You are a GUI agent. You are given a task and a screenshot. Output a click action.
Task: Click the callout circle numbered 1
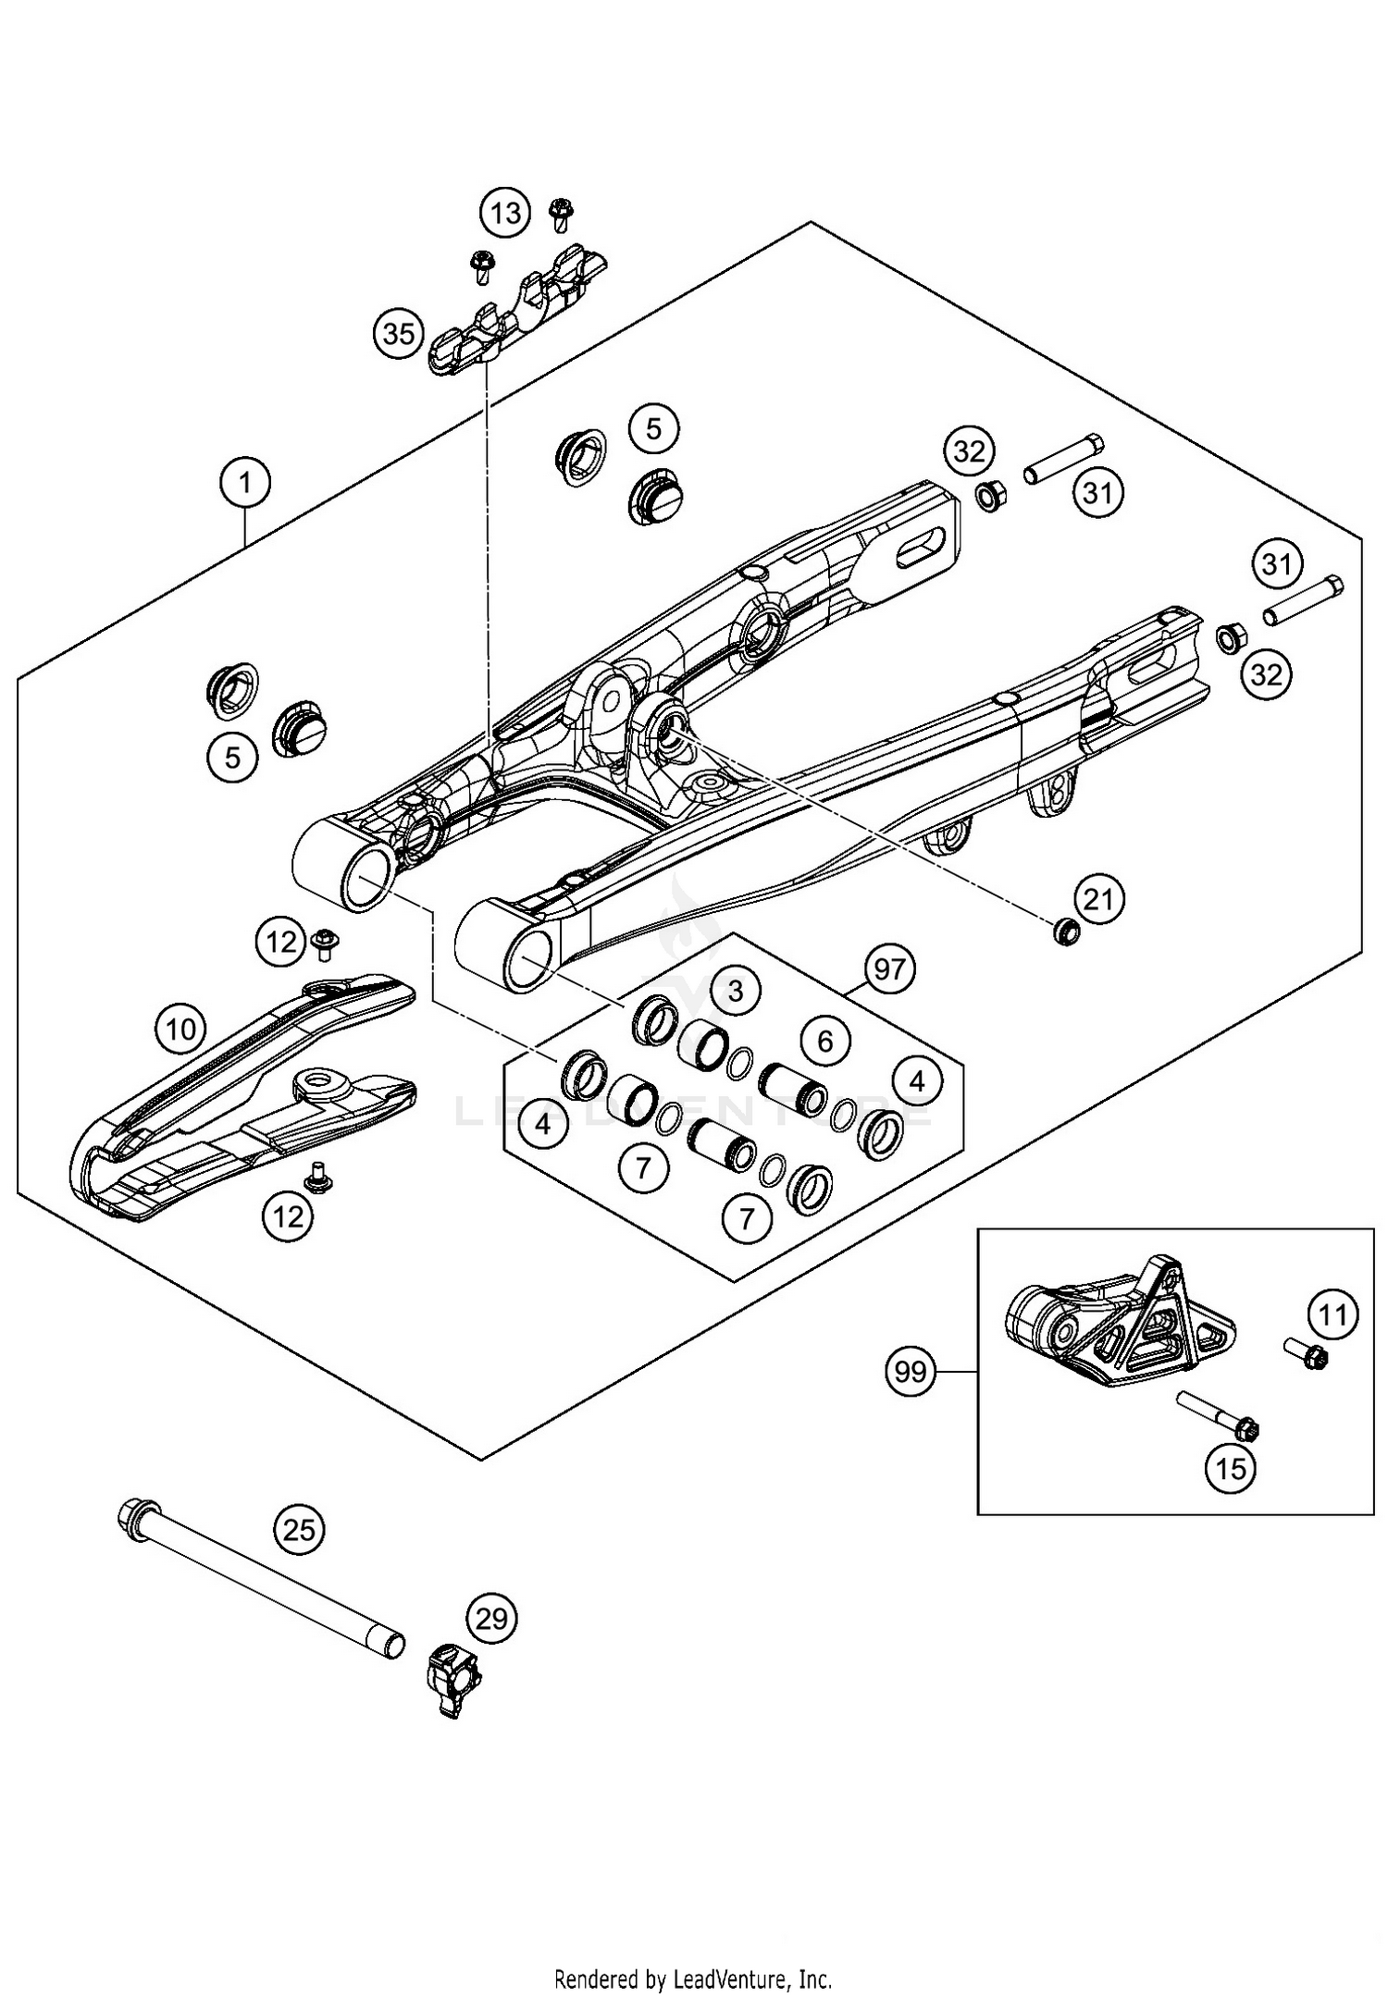pyautogui.click(x=245, y=483)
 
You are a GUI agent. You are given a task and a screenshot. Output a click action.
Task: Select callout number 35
pyautogui.click(x=399, y=333)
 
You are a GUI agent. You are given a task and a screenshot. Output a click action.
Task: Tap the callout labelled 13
pyautogui.click(x=505, y=214)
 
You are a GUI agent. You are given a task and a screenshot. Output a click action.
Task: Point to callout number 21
pyautogui.click(x=1098, y=898)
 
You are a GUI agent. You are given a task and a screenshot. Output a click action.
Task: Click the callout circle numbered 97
pyautogui.click(x=890, y=969)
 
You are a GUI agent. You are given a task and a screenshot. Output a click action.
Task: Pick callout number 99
pyautogui.click(x=911, y=1371)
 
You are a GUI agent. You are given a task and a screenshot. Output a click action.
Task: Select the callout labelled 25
pyautogui.click(x=299, y=1530)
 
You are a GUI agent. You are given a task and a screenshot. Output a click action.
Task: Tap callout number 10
pyautogui.click(x=180, y=1029)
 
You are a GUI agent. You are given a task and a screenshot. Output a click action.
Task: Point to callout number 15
pyautogui.click(x=1232, y=1468)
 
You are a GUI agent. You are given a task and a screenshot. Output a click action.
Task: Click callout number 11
pyautogui.click(x=1333, y=1314)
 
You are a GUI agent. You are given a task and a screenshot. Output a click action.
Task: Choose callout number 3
pyautogui.click(x=736, y=992)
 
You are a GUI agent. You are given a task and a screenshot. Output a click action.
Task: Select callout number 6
pyautogui.click(x=824, y=1042)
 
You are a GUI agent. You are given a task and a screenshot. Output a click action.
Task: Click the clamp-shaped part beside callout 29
pyautogui.click(x=452, y=1679)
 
